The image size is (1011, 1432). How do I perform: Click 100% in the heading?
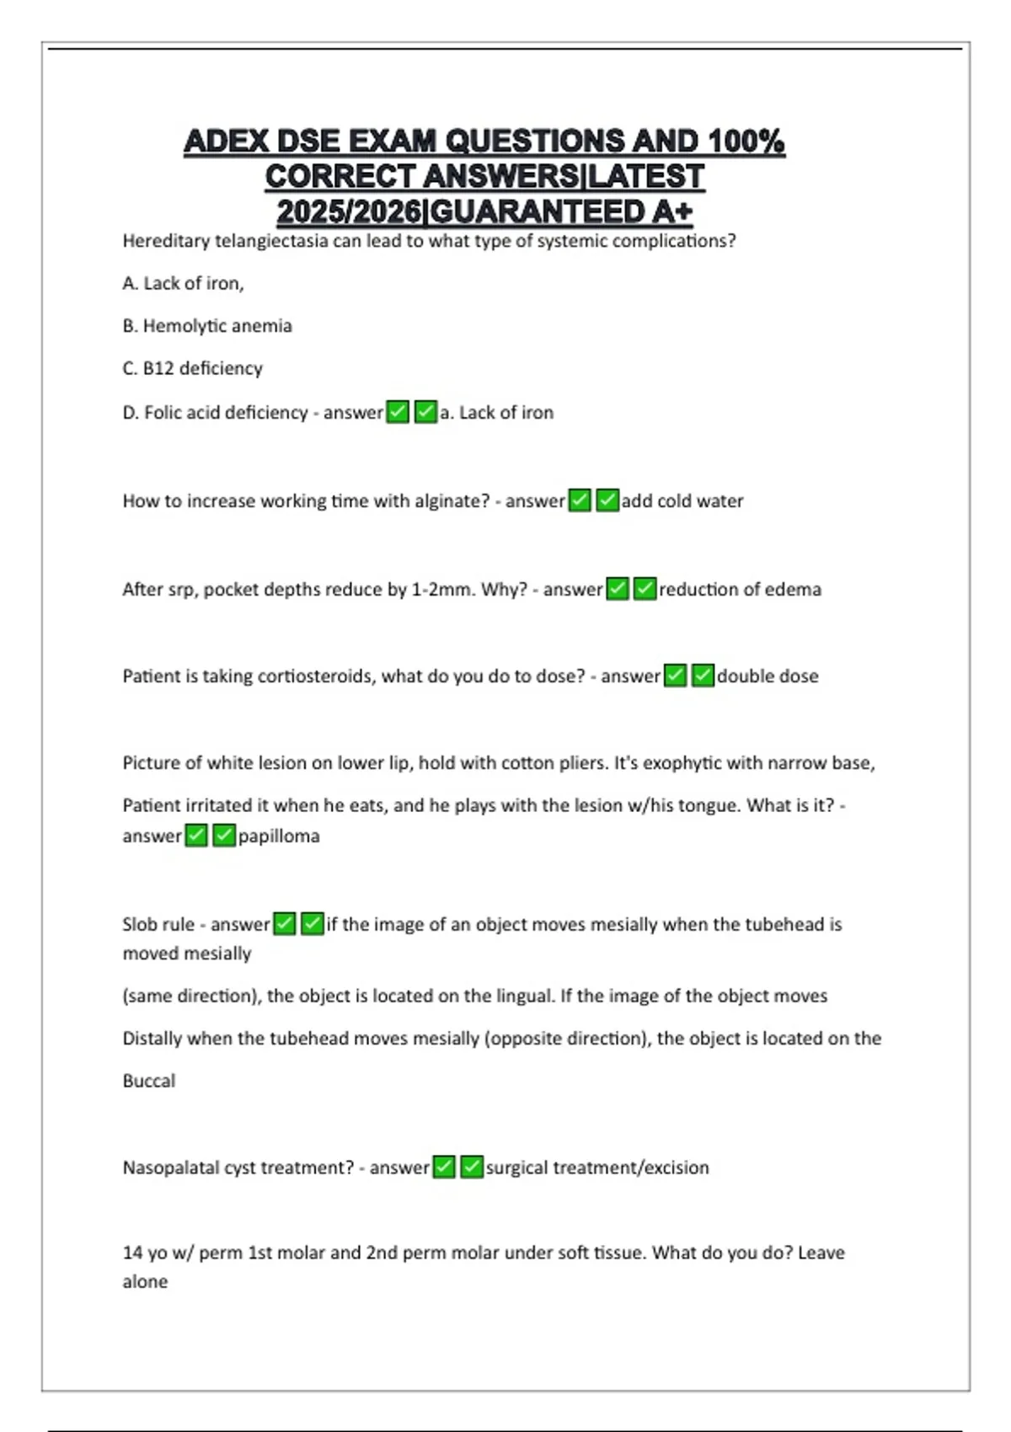pos(746,141)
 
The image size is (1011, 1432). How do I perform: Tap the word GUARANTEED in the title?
pos(538,211)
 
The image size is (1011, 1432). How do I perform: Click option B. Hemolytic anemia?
pos(207,326)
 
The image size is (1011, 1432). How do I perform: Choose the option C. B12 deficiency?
pos(192,368)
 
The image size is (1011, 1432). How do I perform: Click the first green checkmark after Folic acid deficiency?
pos(398,412)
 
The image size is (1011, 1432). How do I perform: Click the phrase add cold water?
pos(682,501)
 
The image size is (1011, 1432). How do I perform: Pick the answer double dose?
pos(768,676)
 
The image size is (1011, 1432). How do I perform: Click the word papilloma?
pos(279,836)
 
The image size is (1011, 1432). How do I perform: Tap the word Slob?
pos(141,925)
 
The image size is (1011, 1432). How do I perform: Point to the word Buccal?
pos(149,1081)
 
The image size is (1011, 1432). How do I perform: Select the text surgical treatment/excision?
pos(597,1168)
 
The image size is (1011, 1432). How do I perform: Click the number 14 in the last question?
pos(132,1253)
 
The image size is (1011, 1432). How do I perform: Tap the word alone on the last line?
pos(145,1282)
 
